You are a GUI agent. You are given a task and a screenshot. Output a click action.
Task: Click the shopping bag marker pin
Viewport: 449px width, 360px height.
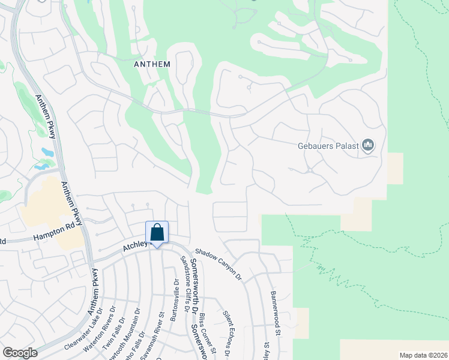pyautogui.click(x=157, y=233)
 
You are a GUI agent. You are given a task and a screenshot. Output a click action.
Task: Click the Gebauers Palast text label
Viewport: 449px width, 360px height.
pyautogui.click(x=328, y=146)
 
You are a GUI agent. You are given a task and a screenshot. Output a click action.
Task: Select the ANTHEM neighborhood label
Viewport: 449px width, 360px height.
pyautogui.click(x=152, y=64)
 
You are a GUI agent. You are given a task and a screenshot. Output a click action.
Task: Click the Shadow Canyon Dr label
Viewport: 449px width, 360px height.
pyautogui.click(x=218, y=264)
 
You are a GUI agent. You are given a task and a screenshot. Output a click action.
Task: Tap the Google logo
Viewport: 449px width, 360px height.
pyautogui.click(x=20, y=352)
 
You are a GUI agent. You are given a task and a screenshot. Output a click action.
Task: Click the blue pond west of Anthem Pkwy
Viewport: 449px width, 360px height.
pyautogui.click(x=47, y=152)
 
